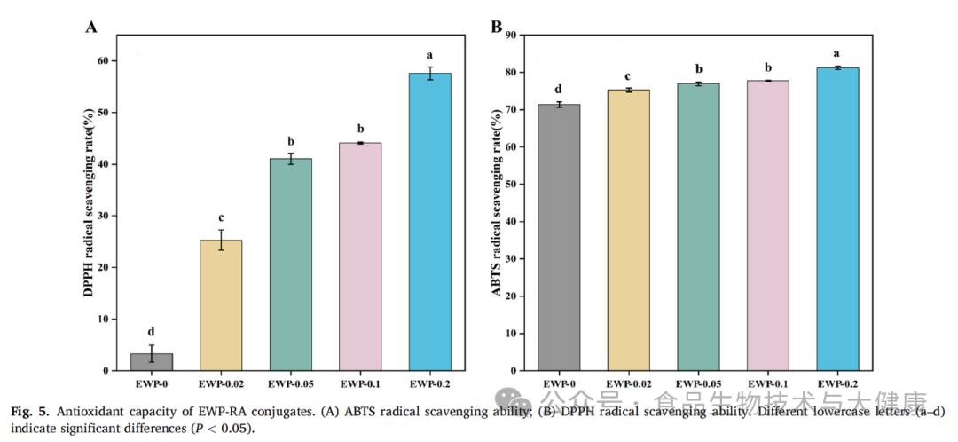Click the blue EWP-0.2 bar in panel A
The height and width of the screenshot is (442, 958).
click(x=430, y=222)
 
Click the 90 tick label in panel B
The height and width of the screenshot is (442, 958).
click(x=510, y=35)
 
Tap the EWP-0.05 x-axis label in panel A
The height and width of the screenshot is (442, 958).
click(x=291, y=383)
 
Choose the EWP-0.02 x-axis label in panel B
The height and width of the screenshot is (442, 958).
click(x=628, y=383)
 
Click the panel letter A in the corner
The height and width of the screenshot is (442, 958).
click(x=90, y=27)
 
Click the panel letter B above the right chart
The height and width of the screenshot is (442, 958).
click(x=497, y=26)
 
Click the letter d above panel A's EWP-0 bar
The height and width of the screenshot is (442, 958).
click(x=151, y=331)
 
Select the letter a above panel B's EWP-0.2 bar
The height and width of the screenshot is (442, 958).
click(x=836, y=52)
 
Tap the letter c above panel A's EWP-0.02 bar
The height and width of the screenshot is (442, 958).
click(x=221, y=218)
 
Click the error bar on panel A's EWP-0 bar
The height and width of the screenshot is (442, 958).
click(x=152, y=353)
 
